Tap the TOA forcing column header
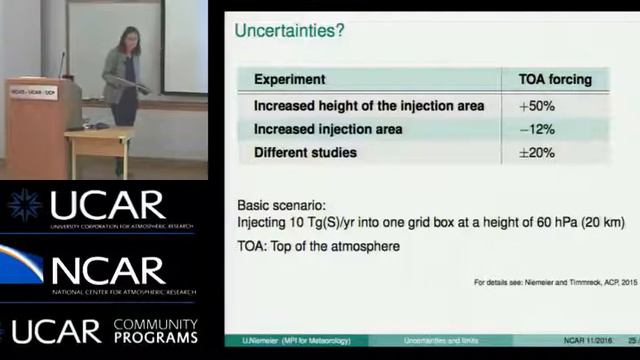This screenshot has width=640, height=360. [x=555, y=79]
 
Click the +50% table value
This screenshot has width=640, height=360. [x=536, y=105]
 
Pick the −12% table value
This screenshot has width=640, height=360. [x=536, y=129]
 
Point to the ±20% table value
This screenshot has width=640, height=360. [x=536, y=153]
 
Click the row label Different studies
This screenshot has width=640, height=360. [x=305, y=153]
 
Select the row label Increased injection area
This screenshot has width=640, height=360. [x=328, y=129]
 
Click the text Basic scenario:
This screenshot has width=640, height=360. [x=281, y=205]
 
